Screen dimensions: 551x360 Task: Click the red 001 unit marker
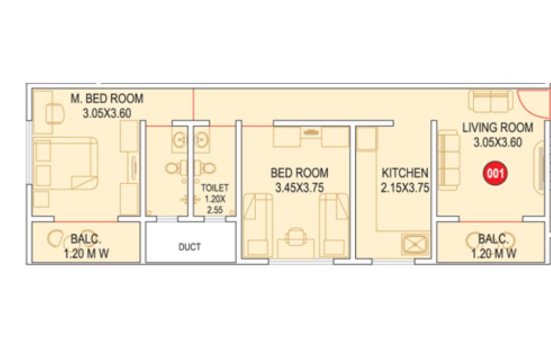click(496, 173)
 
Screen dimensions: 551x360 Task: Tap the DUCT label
click(190, 247)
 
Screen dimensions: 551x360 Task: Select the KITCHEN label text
click(405, 173)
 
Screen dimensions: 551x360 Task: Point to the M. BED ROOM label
click(107, 98)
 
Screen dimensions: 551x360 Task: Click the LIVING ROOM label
click(497, 127)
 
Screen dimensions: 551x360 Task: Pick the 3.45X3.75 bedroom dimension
click(299, 188)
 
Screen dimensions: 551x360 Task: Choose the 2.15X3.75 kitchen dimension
click(405, 188)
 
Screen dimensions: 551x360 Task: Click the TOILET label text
click(215, 188)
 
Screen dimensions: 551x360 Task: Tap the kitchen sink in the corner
click(415, 244)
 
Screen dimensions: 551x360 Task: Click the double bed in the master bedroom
click(66, 164)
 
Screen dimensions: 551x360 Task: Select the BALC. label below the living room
click(493, 239)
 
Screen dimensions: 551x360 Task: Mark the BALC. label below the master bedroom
click(86, 239)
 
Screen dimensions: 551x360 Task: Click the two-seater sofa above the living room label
click(491, 101)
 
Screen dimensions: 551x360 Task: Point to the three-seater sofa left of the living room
click(449, 160)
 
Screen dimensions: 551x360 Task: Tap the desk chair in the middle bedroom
click(296, 236)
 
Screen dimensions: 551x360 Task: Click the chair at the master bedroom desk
click(55, 113)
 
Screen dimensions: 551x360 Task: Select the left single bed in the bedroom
click(258, 225)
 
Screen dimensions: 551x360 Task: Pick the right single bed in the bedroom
click(334, 225)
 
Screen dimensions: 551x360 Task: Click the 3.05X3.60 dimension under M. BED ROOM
click(107, 113)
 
